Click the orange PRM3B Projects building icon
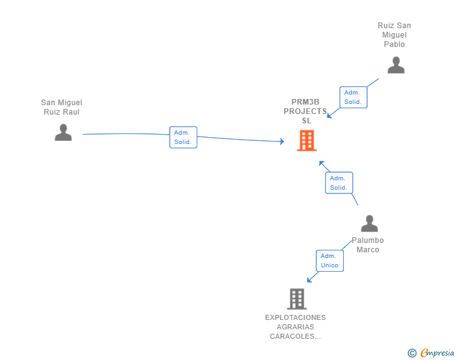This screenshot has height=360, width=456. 306,141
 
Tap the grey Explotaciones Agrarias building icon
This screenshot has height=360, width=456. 297,299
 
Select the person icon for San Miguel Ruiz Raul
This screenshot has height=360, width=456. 63,132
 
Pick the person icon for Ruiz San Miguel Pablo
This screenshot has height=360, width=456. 396,65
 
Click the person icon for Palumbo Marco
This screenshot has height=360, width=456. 370,224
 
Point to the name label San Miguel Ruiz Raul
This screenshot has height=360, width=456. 61,107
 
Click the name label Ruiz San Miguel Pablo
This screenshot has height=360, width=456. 395,35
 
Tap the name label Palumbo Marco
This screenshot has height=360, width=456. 368,245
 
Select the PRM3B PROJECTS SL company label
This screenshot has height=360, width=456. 306,111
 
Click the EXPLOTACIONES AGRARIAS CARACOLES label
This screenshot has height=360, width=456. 295,327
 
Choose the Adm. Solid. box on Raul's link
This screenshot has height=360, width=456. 183,137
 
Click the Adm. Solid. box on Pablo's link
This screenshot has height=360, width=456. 353,97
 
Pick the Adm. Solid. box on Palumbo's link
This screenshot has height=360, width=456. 338,183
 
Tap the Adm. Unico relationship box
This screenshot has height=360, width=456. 329,260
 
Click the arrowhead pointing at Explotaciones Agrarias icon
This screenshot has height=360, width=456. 309,280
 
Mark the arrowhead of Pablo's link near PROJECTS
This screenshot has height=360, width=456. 329,116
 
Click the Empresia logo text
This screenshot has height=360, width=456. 437,353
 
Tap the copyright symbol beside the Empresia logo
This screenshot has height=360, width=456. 412,353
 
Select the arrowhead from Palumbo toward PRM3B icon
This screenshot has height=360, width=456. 321,163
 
